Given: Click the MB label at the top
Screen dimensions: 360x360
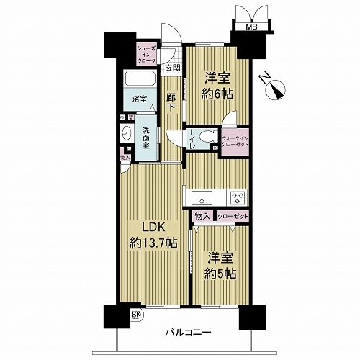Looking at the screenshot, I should pyautogui.click(x=251, y=27).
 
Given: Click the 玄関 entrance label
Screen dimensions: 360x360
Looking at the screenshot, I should pyautogui.click(x=172, y=69).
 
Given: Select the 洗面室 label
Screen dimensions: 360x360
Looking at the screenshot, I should pyautogui.click(x=145, y=137).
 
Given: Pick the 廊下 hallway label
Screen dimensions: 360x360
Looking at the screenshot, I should pyautogui.click(x=172, y=102).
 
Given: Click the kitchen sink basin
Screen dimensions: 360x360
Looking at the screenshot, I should pyautogui.click(x=201, y=196).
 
